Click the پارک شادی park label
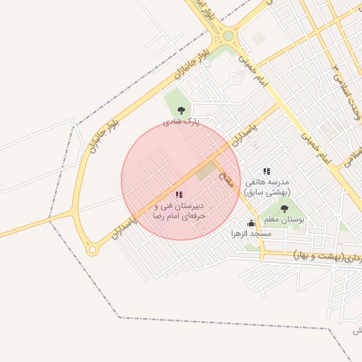click(x=182, y=122)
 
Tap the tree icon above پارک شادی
click(x=182, y=110)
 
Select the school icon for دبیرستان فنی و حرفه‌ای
click(x=179, y=194)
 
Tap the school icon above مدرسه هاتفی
click(x=267, y=171)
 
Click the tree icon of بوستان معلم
click(x=284, y=209)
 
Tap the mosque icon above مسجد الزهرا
click(x=250, y=223)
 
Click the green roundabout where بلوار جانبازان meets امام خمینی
click(x=228, y=35)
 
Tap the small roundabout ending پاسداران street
click(x=92, y=250)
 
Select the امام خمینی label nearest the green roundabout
click(x=255, y=71)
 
